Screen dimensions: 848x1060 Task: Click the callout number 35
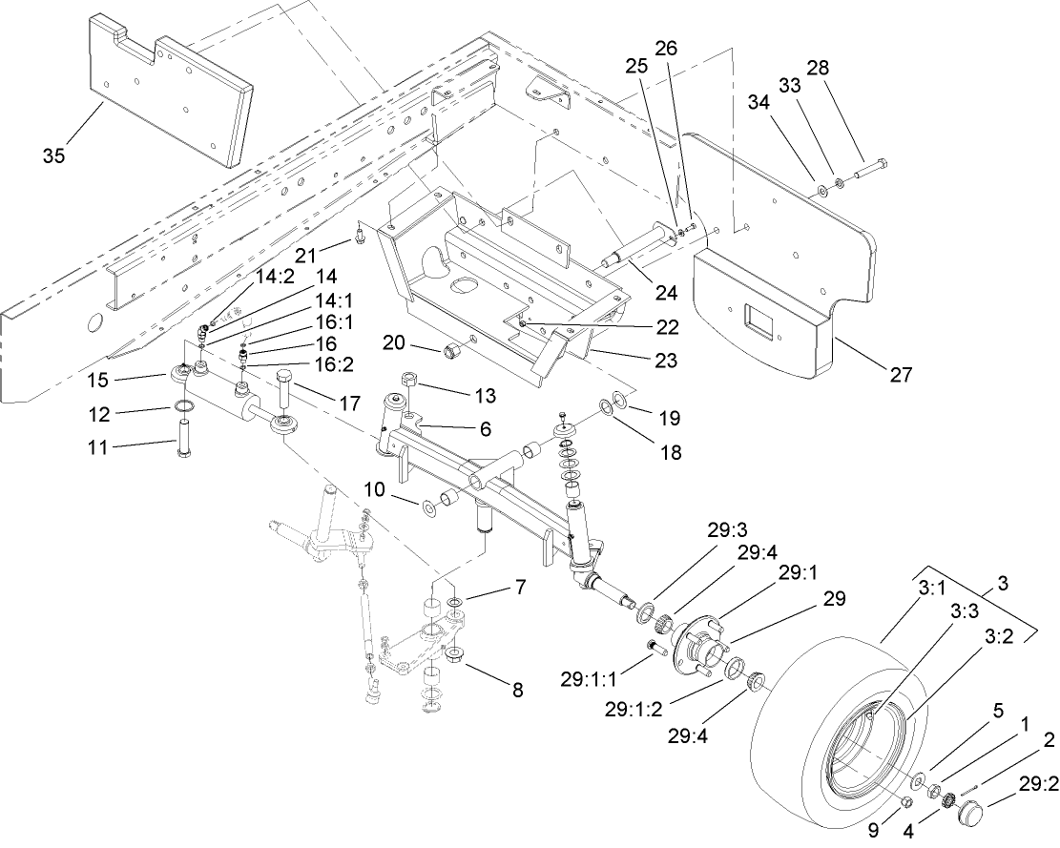53,155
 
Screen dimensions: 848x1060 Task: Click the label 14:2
225,277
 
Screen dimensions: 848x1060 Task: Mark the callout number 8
517,689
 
